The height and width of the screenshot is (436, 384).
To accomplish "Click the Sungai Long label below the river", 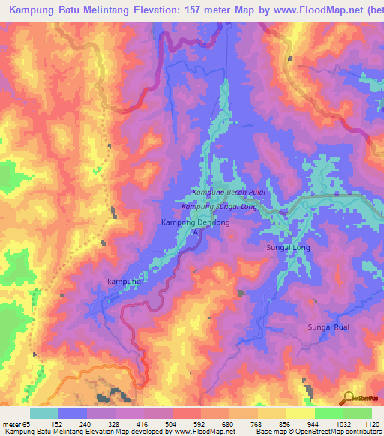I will pos(287,246).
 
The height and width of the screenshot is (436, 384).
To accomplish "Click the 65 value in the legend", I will pos(29,423).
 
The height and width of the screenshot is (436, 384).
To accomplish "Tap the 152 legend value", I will pos(58,423).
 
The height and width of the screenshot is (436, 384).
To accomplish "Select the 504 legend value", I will pos(172,423).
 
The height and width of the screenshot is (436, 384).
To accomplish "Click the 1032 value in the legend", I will pos(341,423).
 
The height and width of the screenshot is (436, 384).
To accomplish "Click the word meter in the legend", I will pos(12,423).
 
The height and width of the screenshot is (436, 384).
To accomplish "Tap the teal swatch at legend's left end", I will pos(43,413).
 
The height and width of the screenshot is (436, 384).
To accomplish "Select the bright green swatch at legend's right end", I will pos(357,413).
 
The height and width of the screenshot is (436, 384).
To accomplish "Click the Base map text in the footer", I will pos(269,432).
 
